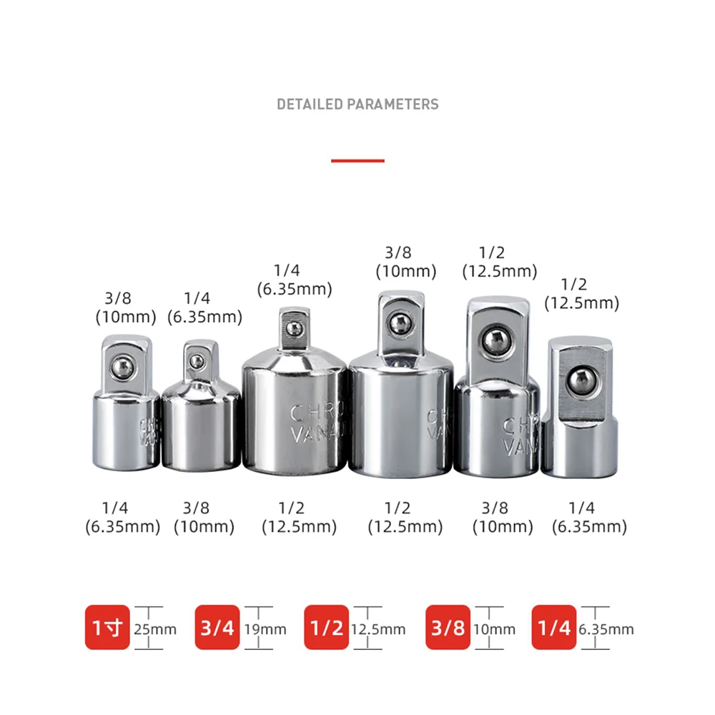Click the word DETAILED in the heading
tap(310, 104)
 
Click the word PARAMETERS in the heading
tap(393, 104)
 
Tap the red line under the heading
tap(357, 160)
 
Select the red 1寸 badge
tap(107, 628)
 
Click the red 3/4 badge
tap(217, 628)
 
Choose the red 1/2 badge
tap(326, 628)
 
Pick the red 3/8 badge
tap(448, 628)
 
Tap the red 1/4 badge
tap(554, 628)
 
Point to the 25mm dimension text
tap(156, 629)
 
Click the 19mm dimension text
tap(266, 629)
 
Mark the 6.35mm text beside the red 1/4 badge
tap(606, 629)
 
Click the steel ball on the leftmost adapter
tap(122, 368)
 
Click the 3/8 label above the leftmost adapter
tap(119, 298)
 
